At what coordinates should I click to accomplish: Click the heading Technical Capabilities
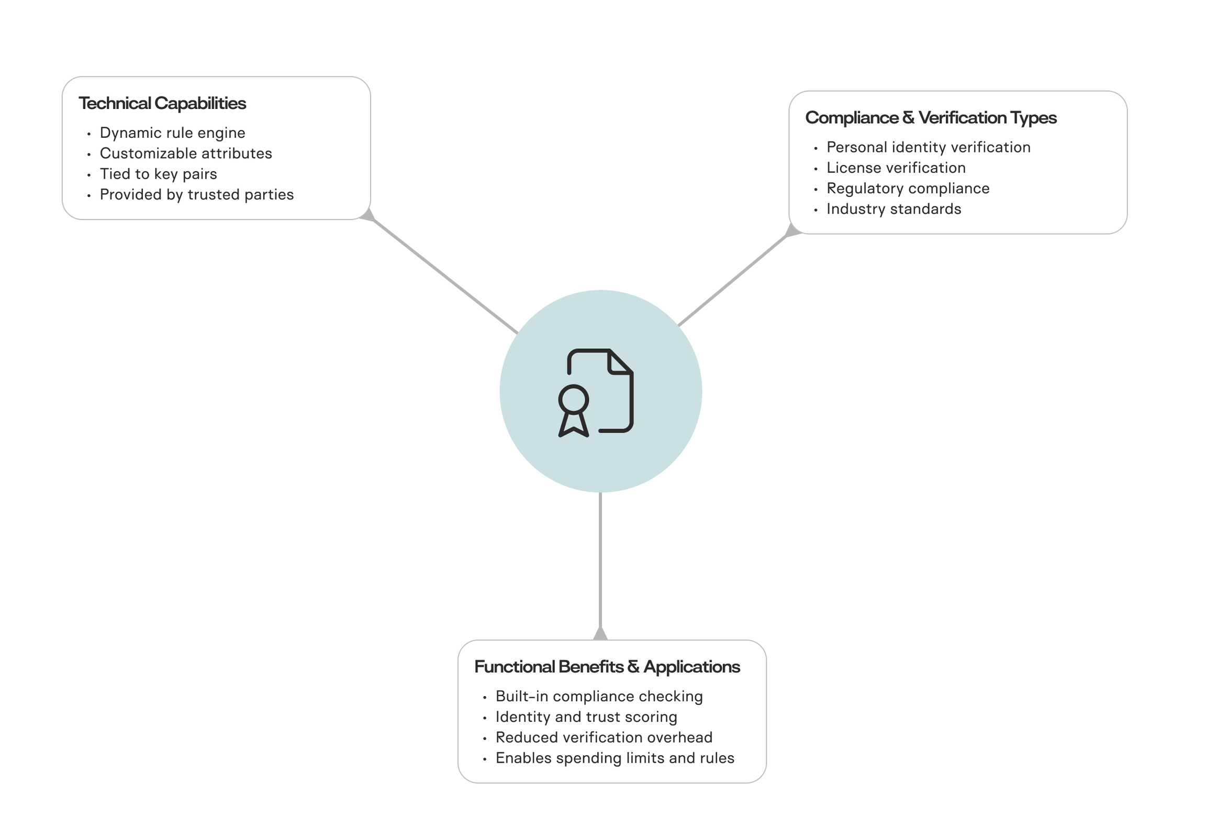click(162, 103)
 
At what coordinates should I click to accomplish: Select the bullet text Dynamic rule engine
click(172, 133)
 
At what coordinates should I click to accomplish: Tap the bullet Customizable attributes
click(185, 153)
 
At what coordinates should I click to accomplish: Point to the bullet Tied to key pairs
click(158, 173)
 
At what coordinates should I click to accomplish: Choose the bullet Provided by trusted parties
click(196, 194)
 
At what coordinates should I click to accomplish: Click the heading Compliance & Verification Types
click(930, 117)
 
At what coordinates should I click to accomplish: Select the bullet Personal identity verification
click(928, 147)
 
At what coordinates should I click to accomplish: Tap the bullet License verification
click(896, 168)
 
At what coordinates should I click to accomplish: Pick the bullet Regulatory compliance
click(908, 188)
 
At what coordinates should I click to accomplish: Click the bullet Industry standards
click(894, 208)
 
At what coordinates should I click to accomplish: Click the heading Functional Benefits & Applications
click(607, 667)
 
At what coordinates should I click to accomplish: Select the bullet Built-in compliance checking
click(599, 697)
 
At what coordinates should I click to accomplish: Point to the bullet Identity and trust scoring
click(586, 717)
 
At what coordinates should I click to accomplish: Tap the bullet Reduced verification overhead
click(604, 737)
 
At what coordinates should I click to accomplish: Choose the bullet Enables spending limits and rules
click(615, 758)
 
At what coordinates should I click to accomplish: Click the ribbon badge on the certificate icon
click(573, 411)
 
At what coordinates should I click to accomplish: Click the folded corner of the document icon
click(619, 362)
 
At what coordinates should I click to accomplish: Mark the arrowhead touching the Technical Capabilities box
click(368, 215)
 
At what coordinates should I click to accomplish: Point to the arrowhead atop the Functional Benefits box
click(600, 634)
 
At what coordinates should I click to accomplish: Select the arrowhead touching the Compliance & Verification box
click(792, 230)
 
